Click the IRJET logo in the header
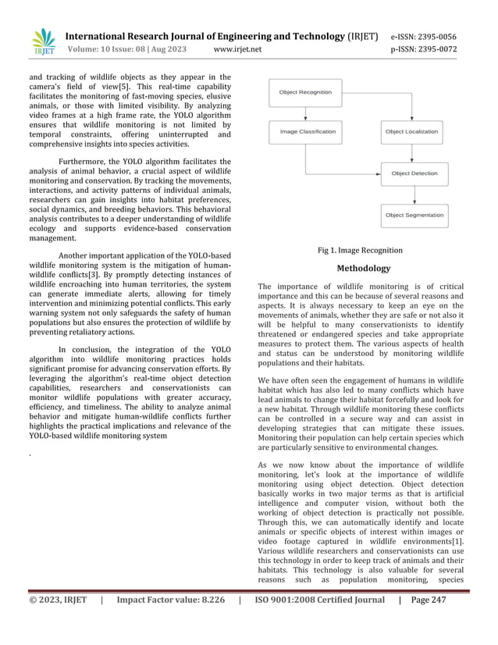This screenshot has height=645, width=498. pyautogui.click(x=44, y=42)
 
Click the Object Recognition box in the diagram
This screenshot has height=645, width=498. pyautogui.click(x=305, y=92)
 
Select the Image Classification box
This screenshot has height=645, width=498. pyautogui.click(x=308, y=132)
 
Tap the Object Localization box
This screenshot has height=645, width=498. pyautogui.click(x=411, y=132)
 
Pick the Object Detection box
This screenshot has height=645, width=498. pyautogui.click(x=414, y=173)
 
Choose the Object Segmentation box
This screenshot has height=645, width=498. pyautogui.click(x=414, y=215)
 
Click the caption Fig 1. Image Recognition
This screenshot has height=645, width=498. pyautogui.click(x=360, y=251)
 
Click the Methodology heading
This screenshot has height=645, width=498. pyautogui.click(x=363, y=269)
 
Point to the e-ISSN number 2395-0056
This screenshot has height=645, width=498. pyautogui.click(x=435, y=37)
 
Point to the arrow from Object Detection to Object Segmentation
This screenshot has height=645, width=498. pyautogui.click(x=414, y=194)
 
